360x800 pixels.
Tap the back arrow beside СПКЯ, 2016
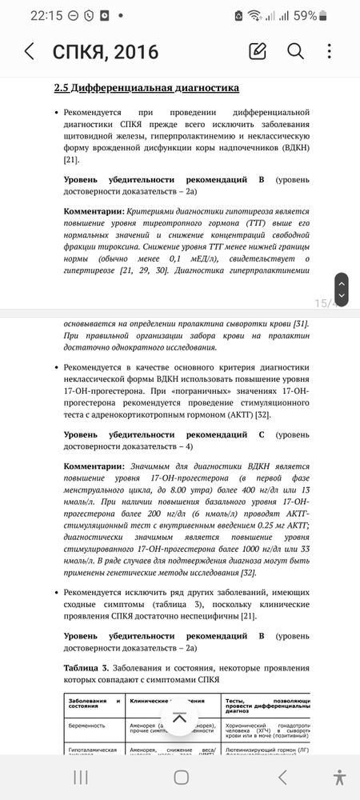click(x=29, y=52)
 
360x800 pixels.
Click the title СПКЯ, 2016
click(x=105, y=52)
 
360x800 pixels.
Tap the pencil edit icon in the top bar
click(x=258, y=52)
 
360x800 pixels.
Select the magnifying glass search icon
click(x=295, y=52)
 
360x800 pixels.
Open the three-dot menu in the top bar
click(x=330, y=52)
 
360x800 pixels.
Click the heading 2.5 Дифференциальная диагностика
click(x=146, y=87)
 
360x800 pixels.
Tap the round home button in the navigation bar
click(x=182, y=777)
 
